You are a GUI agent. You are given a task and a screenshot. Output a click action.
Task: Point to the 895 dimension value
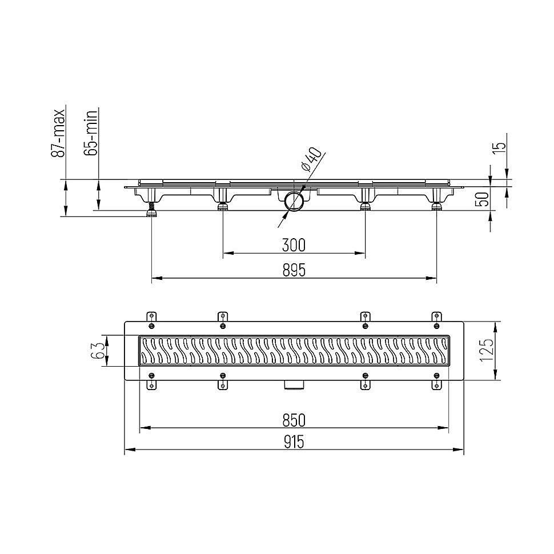(294, 270)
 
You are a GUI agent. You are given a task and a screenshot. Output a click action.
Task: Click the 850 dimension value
(294, 420)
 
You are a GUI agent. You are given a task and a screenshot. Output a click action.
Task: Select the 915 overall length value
(294, 441)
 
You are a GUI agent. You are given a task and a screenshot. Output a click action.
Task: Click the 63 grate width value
(98, 350)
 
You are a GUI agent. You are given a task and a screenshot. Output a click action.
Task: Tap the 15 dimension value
(499, 147)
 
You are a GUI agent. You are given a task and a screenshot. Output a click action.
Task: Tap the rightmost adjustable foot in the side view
(436, 207)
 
